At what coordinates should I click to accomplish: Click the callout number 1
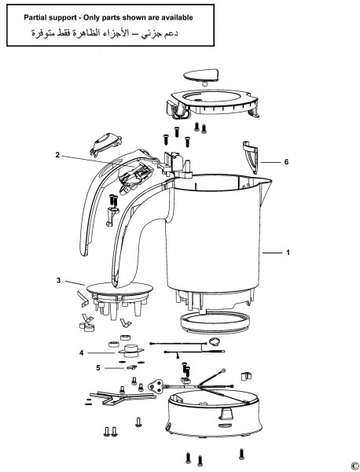pos(288,253)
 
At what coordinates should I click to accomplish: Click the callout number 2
pos(57,155)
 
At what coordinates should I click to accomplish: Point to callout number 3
pos(58,280)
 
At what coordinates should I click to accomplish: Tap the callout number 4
pos(81,352)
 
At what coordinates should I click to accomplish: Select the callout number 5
pos(98,367)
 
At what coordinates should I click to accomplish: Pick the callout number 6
pos(286,162)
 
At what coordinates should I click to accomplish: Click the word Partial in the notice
pos(35,17)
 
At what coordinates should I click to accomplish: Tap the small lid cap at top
pos(201,77)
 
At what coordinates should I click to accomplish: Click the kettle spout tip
pos(271,181)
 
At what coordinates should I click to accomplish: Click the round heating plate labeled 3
pos(119,289)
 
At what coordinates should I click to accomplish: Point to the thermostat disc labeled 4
pos(130,349)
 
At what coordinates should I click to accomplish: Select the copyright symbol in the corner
pos(354,465)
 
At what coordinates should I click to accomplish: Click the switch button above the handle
pos(105,143)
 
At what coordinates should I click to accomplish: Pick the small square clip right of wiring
pos(246,376)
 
